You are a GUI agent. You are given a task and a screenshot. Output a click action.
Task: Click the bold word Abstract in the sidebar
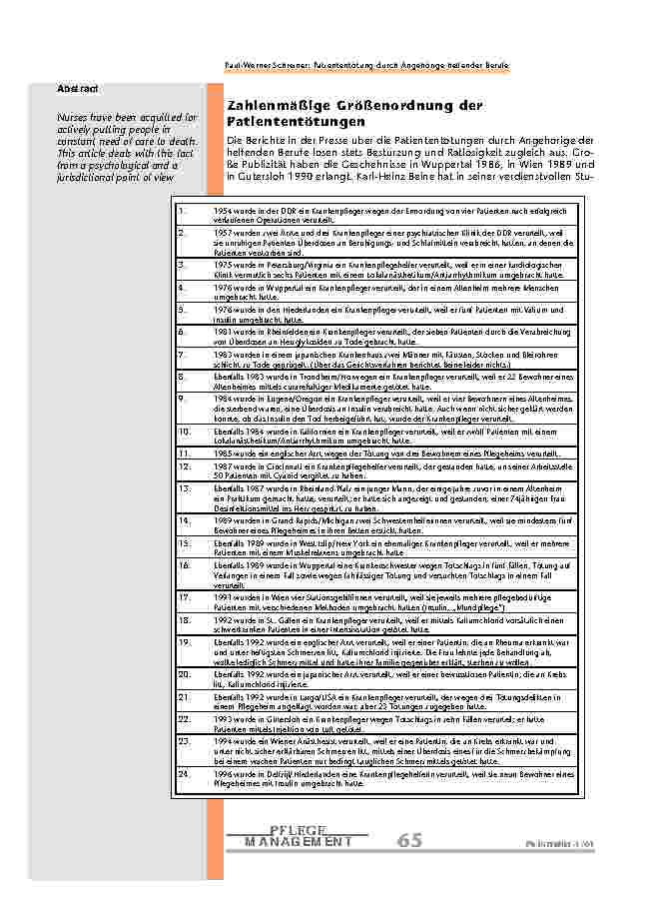[77, 89]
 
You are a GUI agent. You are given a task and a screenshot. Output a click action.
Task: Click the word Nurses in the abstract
[73, 118]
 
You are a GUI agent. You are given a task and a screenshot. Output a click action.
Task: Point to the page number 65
[410, 841]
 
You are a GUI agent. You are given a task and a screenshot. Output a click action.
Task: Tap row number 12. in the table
[182, 465]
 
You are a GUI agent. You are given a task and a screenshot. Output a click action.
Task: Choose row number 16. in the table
[182, 564]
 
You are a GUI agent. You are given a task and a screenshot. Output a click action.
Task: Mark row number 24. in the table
[182, 774]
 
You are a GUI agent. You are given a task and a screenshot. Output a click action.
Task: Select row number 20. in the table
[182, 674]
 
